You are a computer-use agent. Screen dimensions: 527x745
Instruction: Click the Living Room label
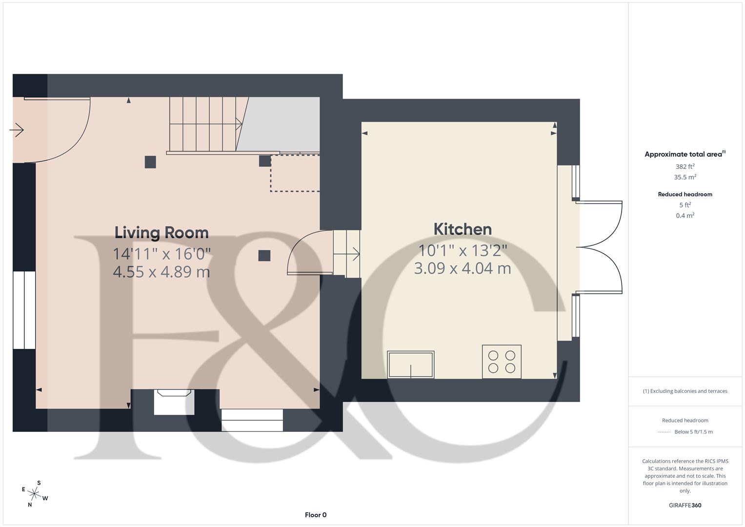161,233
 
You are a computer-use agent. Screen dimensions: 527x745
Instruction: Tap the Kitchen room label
463,229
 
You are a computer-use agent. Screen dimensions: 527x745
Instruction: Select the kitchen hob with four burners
502,362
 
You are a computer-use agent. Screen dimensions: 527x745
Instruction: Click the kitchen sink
411,365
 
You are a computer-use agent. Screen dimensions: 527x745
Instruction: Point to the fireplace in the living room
174,401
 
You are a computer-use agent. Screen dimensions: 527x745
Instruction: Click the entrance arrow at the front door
17,130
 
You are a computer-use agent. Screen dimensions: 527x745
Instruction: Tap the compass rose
35,494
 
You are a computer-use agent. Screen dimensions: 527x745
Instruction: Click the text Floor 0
316,515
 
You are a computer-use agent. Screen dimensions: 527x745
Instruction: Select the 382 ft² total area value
685,166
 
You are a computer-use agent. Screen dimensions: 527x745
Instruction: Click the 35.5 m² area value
685,177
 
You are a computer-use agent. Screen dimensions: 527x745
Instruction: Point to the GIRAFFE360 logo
685,505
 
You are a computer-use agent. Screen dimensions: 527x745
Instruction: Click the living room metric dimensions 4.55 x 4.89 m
161,272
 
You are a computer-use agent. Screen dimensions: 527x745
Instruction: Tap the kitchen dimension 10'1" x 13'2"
463,250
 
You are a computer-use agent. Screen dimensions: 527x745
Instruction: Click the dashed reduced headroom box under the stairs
295,173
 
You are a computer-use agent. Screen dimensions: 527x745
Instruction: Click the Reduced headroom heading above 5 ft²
685,194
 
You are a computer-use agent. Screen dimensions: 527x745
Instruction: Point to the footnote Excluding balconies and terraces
685,391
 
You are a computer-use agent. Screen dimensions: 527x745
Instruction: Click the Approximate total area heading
685,154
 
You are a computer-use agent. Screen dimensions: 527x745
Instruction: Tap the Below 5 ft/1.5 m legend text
693,432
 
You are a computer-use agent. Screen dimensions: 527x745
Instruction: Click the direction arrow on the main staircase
239,124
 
